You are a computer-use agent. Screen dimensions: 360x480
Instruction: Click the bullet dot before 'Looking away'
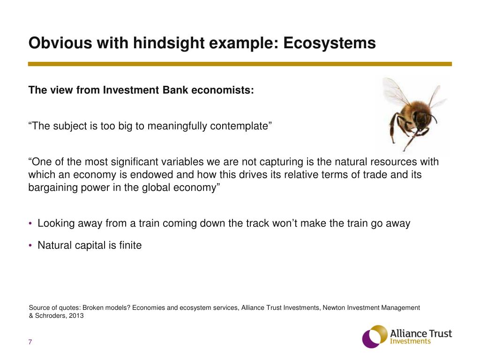(30, 224)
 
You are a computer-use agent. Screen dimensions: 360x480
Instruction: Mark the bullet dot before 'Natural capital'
(30, 245)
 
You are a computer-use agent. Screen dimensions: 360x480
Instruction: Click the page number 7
(30, 342)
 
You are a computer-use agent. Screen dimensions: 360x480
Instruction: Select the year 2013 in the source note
(76, 315)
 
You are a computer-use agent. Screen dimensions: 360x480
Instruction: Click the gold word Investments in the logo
(410, 341)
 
